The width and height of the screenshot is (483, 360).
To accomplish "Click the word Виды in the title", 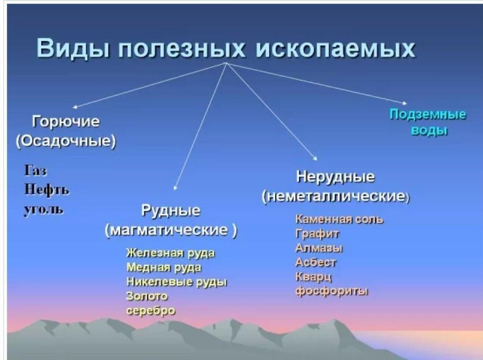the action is (73, 48).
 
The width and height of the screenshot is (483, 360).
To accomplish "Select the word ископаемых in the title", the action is (335, 48).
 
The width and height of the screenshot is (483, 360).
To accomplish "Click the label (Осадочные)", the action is (66, 141).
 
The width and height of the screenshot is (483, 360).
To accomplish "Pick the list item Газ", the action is (35, 170).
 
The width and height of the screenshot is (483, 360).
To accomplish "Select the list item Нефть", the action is (46, 190).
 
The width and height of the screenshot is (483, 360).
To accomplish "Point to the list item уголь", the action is (44, 210).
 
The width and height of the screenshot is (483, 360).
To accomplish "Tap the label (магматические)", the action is (171, 230).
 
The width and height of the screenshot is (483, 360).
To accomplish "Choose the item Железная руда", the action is (170, 253).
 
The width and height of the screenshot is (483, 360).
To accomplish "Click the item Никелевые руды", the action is (176, 282).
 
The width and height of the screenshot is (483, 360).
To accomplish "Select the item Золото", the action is (147, 296).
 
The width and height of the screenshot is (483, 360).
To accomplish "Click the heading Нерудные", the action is (335, 177).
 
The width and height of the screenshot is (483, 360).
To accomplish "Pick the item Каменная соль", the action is (339, 219).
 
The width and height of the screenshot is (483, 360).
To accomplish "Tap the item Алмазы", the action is (319, 248).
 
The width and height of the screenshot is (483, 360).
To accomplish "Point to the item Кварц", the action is (314, 277).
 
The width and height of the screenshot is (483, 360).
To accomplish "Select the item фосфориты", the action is (331, 291).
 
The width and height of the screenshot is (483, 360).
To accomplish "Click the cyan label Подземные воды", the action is (428, 122).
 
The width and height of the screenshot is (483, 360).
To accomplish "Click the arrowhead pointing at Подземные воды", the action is (405, 103).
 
